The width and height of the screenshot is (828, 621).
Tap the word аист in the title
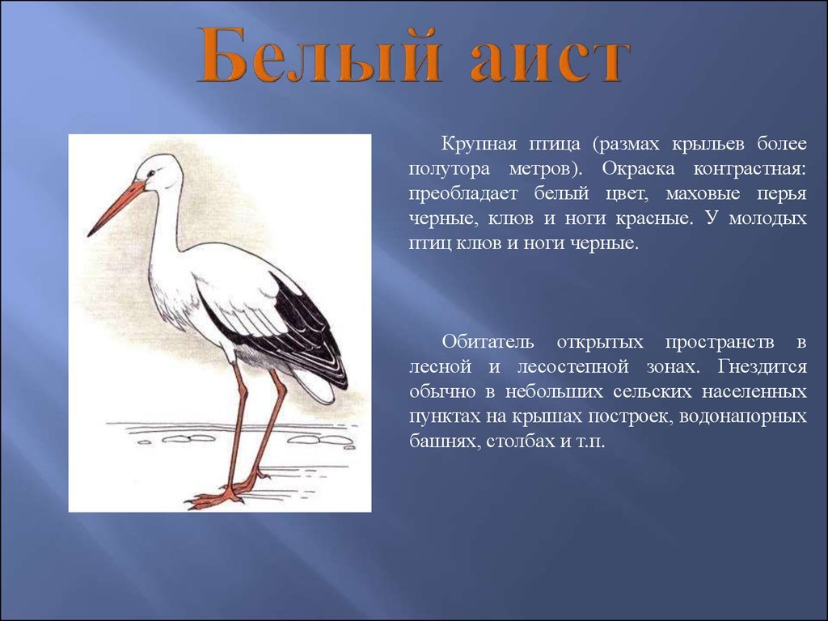550,60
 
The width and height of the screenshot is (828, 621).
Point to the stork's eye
151,173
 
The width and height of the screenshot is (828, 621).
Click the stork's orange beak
116,208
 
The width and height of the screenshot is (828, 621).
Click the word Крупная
479,144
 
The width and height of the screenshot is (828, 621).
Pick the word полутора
450,169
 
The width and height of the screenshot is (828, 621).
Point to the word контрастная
750,169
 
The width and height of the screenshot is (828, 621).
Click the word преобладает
463,194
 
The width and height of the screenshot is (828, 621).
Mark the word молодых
768,218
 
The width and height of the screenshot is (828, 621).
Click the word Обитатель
488,342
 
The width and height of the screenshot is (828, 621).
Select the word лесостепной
572,366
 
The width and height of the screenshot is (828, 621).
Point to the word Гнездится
762,366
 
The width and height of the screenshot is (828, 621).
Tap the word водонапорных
742,416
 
